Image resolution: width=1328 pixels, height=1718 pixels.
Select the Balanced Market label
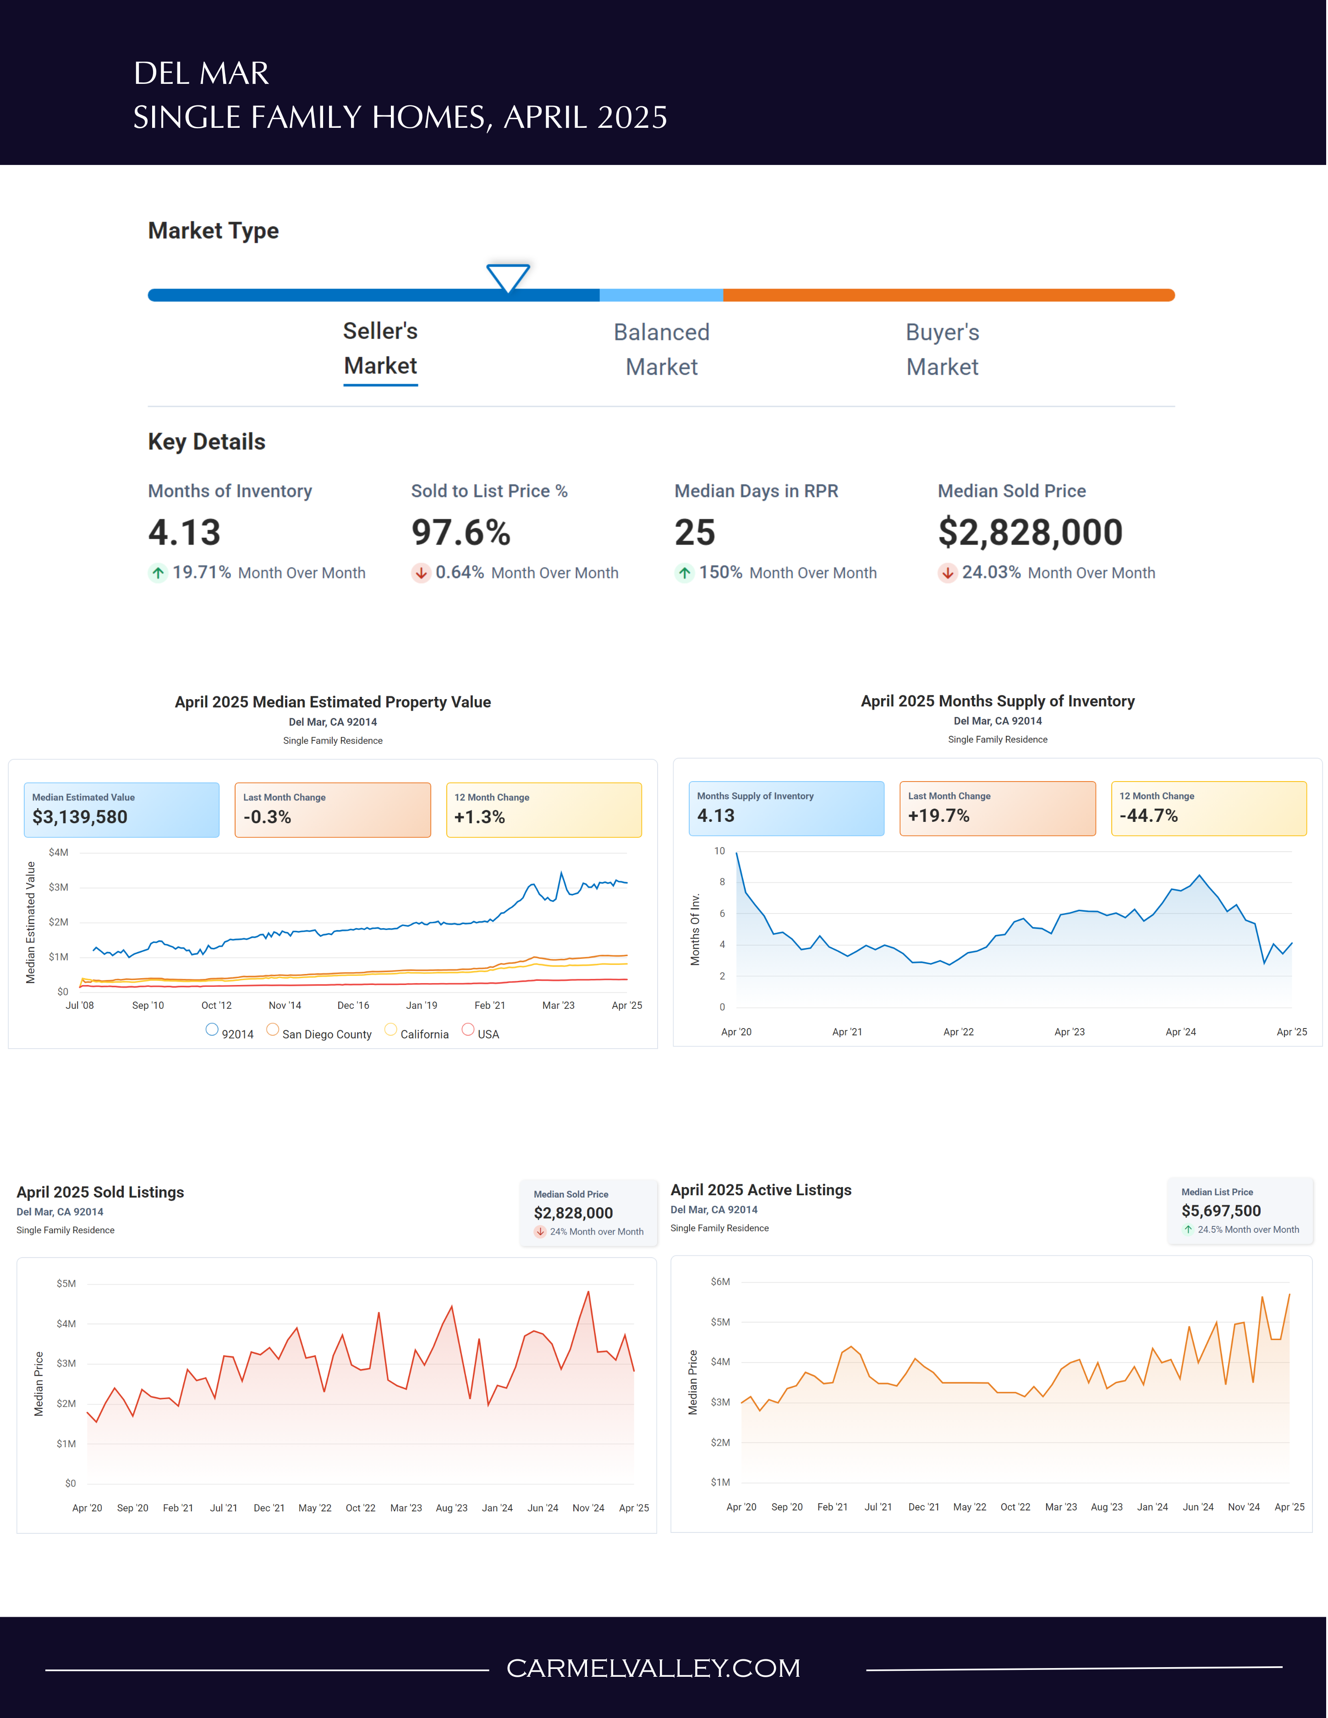click(662, 349)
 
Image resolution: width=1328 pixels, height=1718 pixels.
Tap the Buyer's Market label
click(943, 349)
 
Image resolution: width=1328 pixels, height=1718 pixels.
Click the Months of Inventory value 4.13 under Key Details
click(185, 532)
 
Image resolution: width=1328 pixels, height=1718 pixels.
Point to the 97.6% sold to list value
click(461, 532)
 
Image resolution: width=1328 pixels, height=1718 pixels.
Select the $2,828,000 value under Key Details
click(1030, 532)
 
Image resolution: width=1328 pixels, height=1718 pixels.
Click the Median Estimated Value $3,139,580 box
click(121, 810)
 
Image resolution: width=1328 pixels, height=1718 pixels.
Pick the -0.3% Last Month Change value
click(268, 817)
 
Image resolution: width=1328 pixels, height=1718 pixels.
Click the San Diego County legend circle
click(272, 1029)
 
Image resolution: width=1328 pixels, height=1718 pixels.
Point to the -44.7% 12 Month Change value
click(1149, 816)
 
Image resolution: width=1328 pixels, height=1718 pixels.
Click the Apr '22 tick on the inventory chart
click(958, 1031)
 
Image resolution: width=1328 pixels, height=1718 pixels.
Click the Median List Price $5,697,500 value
click(1221, 1211)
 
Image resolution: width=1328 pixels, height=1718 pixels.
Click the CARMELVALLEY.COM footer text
click(653, 1668)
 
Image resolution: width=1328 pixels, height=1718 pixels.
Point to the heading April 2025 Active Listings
click(761, 1189)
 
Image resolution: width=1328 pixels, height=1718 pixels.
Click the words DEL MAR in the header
click(202, 73)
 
